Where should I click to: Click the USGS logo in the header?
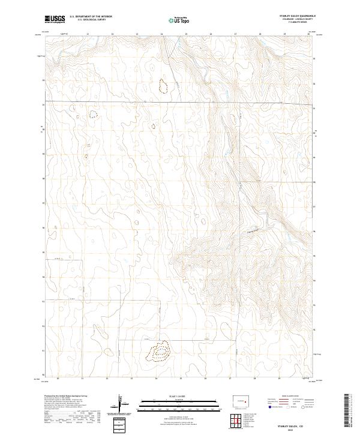[x=55, y=20]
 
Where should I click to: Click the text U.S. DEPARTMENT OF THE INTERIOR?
[x=91, y=17]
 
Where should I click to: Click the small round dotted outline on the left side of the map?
[x=93, y=114]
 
